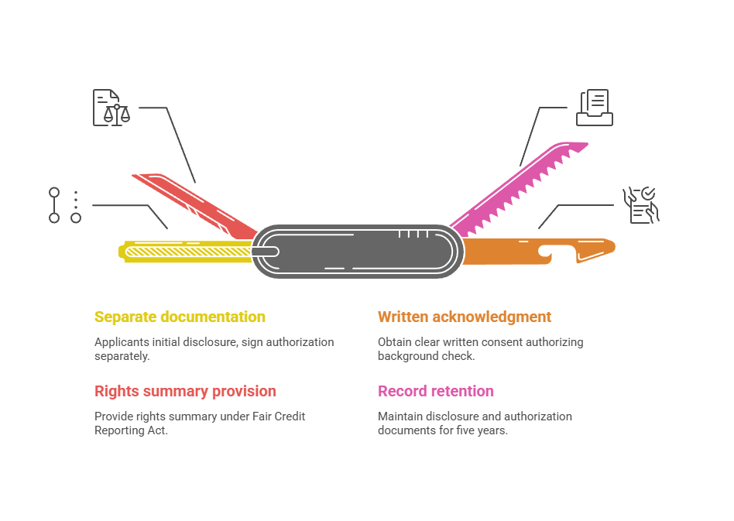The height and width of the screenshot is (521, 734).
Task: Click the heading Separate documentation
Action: point(180,317)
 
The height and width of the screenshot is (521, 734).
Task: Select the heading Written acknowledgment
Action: point(465,317)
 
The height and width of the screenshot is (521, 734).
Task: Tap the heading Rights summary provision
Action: point(185,391)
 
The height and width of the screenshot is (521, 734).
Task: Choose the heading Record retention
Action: point(435,391)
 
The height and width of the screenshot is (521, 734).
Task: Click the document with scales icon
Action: point(111,108)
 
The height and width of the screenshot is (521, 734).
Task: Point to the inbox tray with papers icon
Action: point(595,108)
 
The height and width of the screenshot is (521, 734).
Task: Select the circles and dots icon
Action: point(65,205)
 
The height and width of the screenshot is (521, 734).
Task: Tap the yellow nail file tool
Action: point(186,251)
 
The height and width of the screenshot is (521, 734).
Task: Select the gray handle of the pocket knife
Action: point(356,251)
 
